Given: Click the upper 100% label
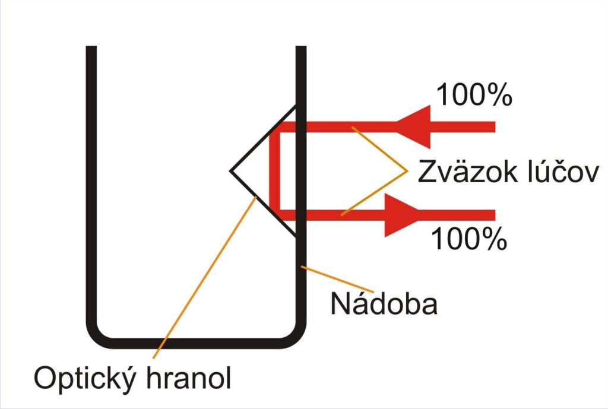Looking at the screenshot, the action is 474,94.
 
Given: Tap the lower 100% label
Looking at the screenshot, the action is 469,239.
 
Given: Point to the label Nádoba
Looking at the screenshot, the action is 384,303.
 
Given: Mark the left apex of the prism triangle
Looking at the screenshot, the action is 230,170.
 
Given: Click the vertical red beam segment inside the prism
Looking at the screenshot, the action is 274,171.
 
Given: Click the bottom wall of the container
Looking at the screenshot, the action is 196,343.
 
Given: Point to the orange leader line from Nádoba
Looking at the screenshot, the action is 337,279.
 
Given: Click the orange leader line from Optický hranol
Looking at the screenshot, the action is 204,278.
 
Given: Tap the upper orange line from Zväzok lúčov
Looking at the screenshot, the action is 379,148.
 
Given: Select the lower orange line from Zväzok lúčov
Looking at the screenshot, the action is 375,193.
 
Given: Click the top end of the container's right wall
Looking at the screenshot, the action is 301,46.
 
